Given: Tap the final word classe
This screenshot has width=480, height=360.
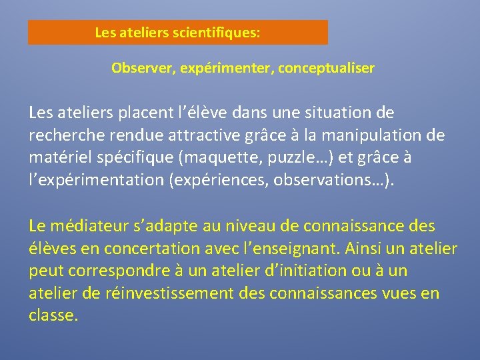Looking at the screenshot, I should [53, 316].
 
